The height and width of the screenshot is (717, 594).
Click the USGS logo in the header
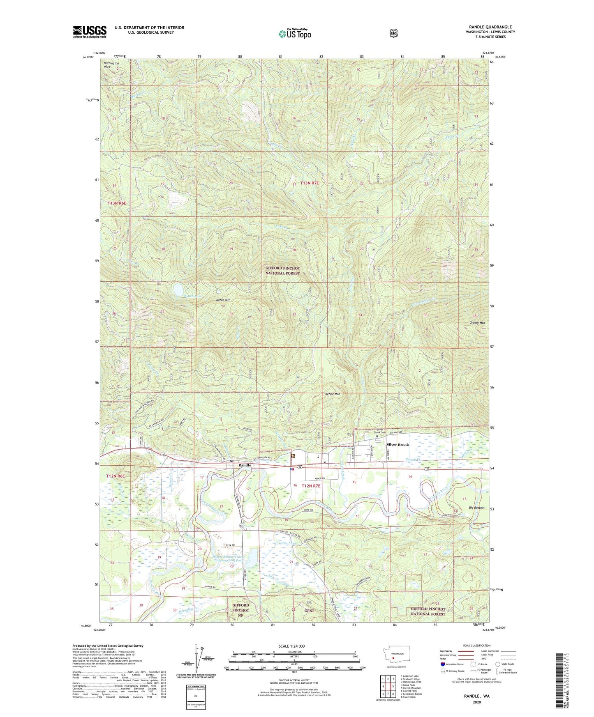coord(90,32)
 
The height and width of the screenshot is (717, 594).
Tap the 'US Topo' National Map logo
coord(294,34)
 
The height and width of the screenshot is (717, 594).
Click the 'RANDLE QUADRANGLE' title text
coord(490,27)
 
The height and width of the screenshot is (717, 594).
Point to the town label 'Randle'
coord(245,465)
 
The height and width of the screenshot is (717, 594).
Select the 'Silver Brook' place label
coord(398,445)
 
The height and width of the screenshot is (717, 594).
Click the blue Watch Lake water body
coord(178,290)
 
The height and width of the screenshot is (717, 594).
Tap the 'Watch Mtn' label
coord(223,300)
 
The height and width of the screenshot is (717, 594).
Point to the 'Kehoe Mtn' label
coord(333,394)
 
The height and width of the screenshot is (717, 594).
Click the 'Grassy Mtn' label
coord(477,323)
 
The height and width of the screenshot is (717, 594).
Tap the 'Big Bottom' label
coord(477,508)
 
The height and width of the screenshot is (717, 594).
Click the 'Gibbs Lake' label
coord(287,543)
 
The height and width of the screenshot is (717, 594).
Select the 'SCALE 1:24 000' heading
coord(291,646)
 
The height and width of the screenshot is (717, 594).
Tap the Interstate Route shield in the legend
coord(442,664)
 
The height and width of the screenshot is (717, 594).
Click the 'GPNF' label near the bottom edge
coord(309,611)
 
